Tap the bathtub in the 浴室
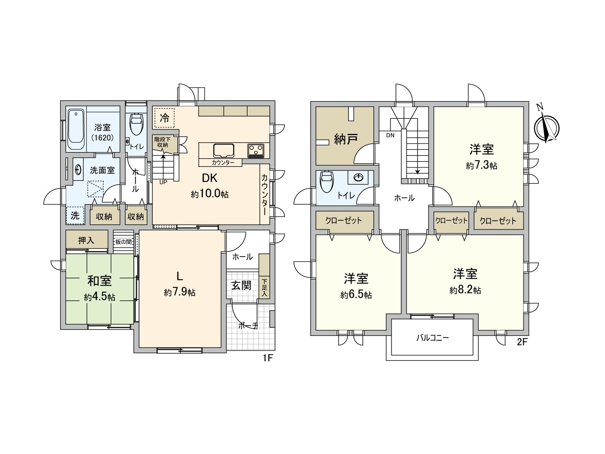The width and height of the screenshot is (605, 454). (x=76, y=129)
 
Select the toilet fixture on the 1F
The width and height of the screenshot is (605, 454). (x=136, y=124)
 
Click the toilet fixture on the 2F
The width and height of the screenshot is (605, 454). (x=327, y=182)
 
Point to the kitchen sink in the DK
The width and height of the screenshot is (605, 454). (x=223, y=150)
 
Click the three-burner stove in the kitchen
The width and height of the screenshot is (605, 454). (x=256, y=151)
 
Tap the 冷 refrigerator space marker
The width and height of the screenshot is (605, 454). (x=164, y=118)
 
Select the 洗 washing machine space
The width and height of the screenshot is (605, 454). (x=75, y=215)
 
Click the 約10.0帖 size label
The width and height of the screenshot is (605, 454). (x=209, y=194)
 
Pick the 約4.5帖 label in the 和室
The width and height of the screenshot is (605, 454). (x=99, y=297)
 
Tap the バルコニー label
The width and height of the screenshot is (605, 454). (x=432, y=337)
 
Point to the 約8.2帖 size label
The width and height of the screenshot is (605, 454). (x=465, y=290)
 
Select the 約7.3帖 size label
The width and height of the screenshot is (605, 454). (x=481, y=165)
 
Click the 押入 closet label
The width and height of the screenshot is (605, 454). (x=86, y=240)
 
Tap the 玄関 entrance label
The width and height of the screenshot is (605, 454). (x=241, y=285)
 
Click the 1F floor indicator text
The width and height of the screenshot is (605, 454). (x=267, y=358)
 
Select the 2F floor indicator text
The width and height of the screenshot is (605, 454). (x=522, y=342)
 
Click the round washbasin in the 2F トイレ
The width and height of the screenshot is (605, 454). (x=358, y=177)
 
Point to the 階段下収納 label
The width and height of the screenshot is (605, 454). (x=163, y=142)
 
